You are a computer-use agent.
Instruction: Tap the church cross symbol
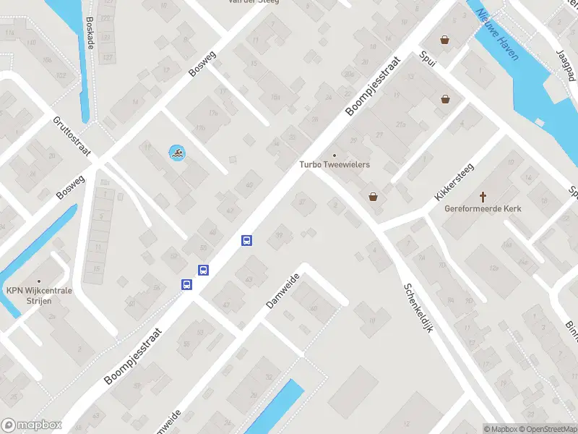(x=483, y=197)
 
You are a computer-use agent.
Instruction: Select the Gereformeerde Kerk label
(x=483, y=209)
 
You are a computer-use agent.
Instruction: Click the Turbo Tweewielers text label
(x=335, y=165)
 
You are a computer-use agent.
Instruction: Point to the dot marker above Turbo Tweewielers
(x=335, y=155)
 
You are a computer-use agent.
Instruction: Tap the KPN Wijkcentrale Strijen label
(x=39, y=295)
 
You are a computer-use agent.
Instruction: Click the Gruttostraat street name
(x=72, y=136)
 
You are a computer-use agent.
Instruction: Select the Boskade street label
(x=90, y=33)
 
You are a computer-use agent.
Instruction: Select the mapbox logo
(x=31, y=425)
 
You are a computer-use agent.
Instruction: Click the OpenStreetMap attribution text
(x=548, y=429)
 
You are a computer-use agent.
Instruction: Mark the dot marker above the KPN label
(x=39, y=281)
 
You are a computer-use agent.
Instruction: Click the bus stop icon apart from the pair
(x=246, y=241)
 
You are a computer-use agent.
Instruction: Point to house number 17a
(x=212, y=114)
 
